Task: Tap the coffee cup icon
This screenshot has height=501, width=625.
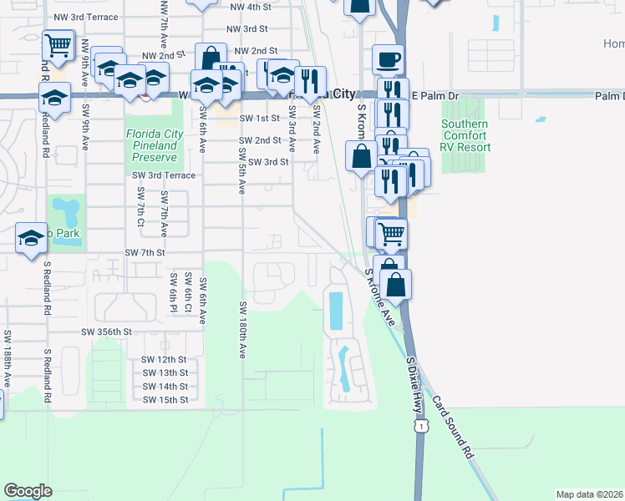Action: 388,60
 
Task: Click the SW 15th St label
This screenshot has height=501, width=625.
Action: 165,400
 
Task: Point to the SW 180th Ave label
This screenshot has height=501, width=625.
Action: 242,331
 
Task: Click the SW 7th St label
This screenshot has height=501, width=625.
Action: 145,252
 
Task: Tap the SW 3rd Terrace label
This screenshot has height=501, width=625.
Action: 163,175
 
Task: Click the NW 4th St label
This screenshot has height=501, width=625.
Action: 250,7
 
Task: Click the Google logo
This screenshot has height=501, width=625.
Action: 28,491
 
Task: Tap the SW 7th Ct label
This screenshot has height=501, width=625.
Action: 139,206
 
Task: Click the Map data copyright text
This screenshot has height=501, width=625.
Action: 589,494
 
